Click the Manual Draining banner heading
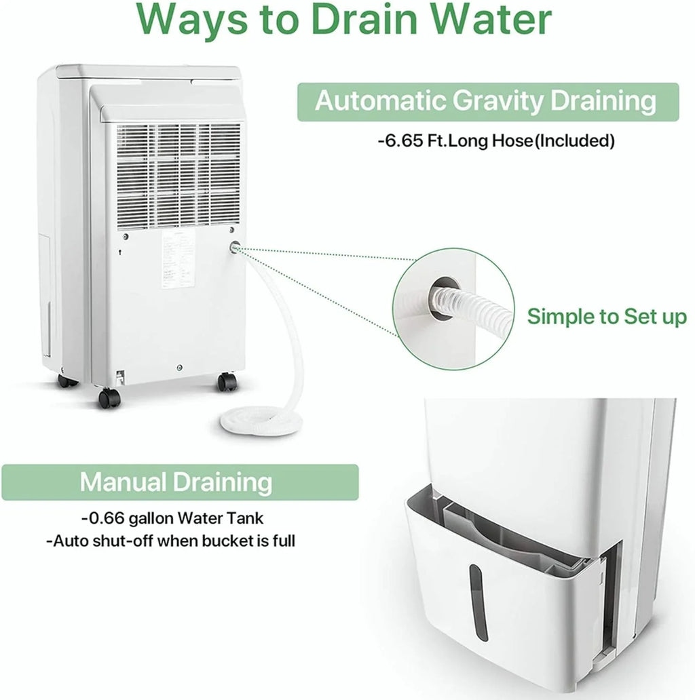pyautogui.click(x=176, y=482)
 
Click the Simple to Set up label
pyautogui.click(x=607, y=316)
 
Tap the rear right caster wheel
pyautogui.click(x=227, y=382)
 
